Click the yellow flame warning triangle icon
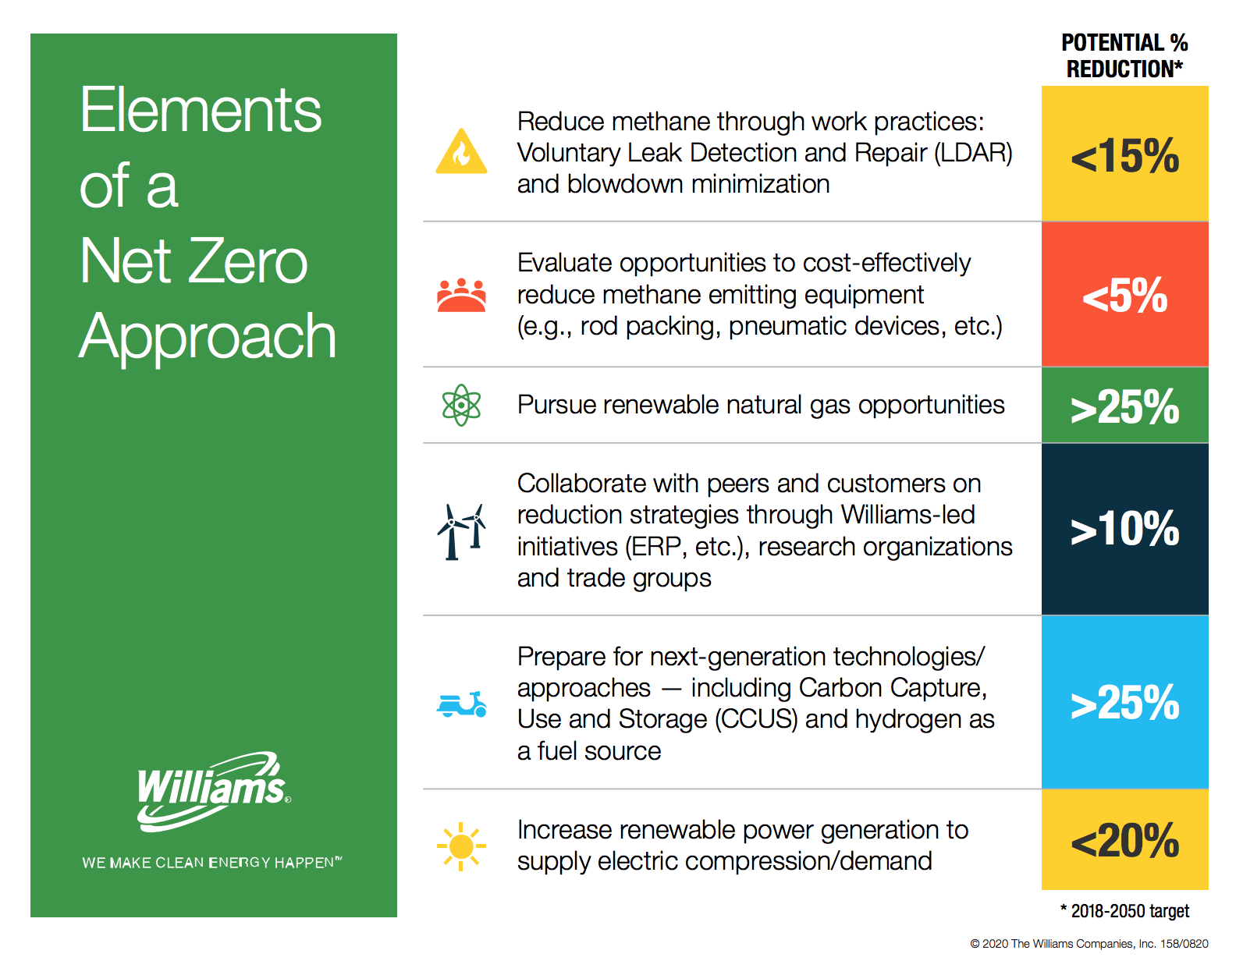(x=460, y=151)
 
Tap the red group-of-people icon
(x=461, y=295)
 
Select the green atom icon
(x=460, y=404)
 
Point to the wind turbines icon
(x=461, y=531)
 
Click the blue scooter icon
(x=461, y=704)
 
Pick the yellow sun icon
(x=460, y=846)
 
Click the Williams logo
(x=213, y=791)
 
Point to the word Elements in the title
(x=201, y=110)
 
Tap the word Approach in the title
(x=208, y=337)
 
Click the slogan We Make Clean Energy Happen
(x=211, y=862)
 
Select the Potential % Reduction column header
(x=1124, y=55)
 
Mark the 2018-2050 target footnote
(x=1124, y=910)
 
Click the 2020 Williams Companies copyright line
(x=1089, y=943)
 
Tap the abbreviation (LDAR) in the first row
(x=972, y=153)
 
